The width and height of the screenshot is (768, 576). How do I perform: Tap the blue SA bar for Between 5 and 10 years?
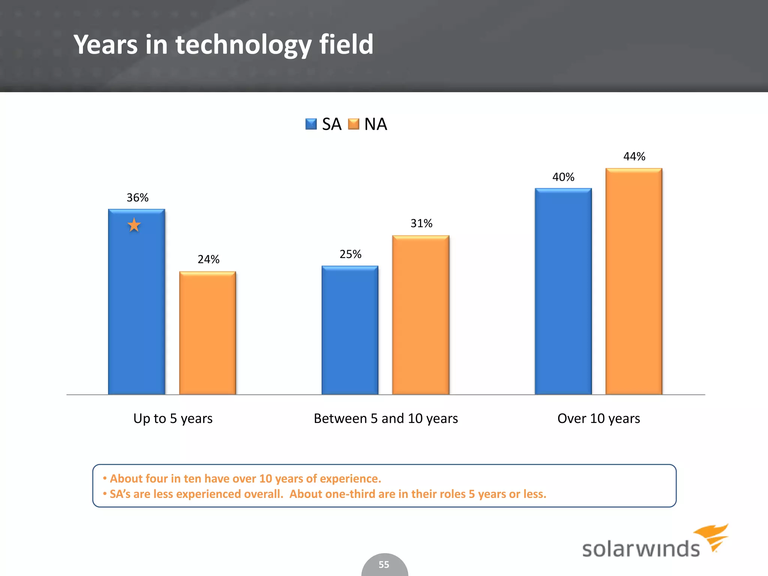350,330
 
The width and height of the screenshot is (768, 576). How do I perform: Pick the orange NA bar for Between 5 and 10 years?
421,315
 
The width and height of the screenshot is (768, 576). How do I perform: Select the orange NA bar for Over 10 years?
634,281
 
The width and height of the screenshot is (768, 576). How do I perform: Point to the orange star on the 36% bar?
134,225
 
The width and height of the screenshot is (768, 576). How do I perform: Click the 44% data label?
634,156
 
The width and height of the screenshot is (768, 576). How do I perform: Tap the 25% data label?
350,254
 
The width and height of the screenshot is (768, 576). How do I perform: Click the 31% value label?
421,223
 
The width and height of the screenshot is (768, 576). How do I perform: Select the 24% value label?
208,259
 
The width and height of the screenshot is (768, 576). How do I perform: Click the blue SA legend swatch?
311,124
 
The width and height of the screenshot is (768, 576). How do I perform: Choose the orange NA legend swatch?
353,124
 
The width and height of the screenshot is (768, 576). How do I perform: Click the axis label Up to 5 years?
173,418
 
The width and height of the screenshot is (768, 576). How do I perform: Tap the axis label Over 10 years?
598,418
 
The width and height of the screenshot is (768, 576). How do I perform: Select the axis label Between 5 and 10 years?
385,418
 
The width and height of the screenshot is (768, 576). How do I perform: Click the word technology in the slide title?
243,45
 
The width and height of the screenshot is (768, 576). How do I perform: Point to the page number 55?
384,564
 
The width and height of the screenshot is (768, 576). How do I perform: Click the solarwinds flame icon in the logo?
712,536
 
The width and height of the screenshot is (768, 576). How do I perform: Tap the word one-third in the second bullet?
350,494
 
